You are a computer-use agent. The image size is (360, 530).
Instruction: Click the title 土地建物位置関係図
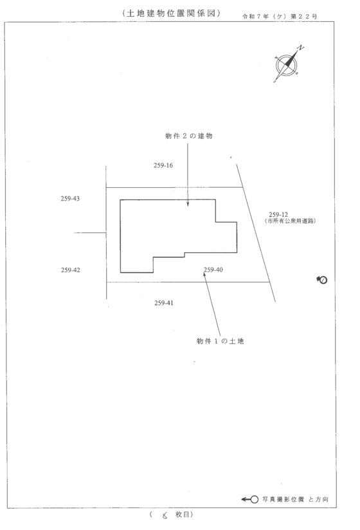(172, 13)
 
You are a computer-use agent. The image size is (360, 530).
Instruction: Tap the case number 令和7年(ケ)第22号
(280, 16)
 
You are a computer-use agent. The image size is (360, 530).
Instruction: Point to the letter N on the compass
(301, 48)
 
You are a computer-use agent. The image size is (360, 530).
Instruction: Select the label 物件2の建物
(189, 136)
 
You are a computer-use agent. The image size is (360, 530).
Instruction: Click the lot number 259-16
(163, 165)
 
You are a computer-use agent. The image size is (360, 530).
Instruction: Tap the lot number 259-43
(70, 199)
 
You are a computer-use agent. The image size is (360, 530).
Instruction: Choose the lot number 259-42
(71, 270)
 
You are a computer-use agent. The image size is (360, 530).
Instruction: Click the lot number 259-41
(164, 303)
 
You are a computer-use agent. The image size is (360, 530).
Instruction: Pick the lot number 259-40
(213, 270)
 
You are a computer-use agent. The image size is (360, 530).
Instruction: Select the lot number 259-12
(278, 215)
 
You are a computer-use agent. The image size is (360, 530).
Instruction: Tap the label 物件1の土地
(221, 341)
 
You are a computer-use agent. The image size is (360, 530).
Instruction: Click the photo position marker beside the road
(322, 280)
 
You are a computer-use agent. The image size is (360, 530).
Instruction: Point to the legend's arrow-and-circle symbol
(250, 500)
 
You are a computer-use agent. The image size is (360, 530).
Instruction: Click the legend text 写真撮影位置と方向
(295, 499)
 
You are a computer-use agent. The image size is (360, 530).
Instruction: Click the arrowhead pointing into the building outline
(188, 204)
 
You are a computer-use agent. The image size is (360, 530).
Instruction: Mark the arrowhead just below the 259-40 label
(204, 274)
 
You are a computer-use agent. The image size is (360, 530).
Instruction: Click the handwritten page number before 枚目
(165, 515)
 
